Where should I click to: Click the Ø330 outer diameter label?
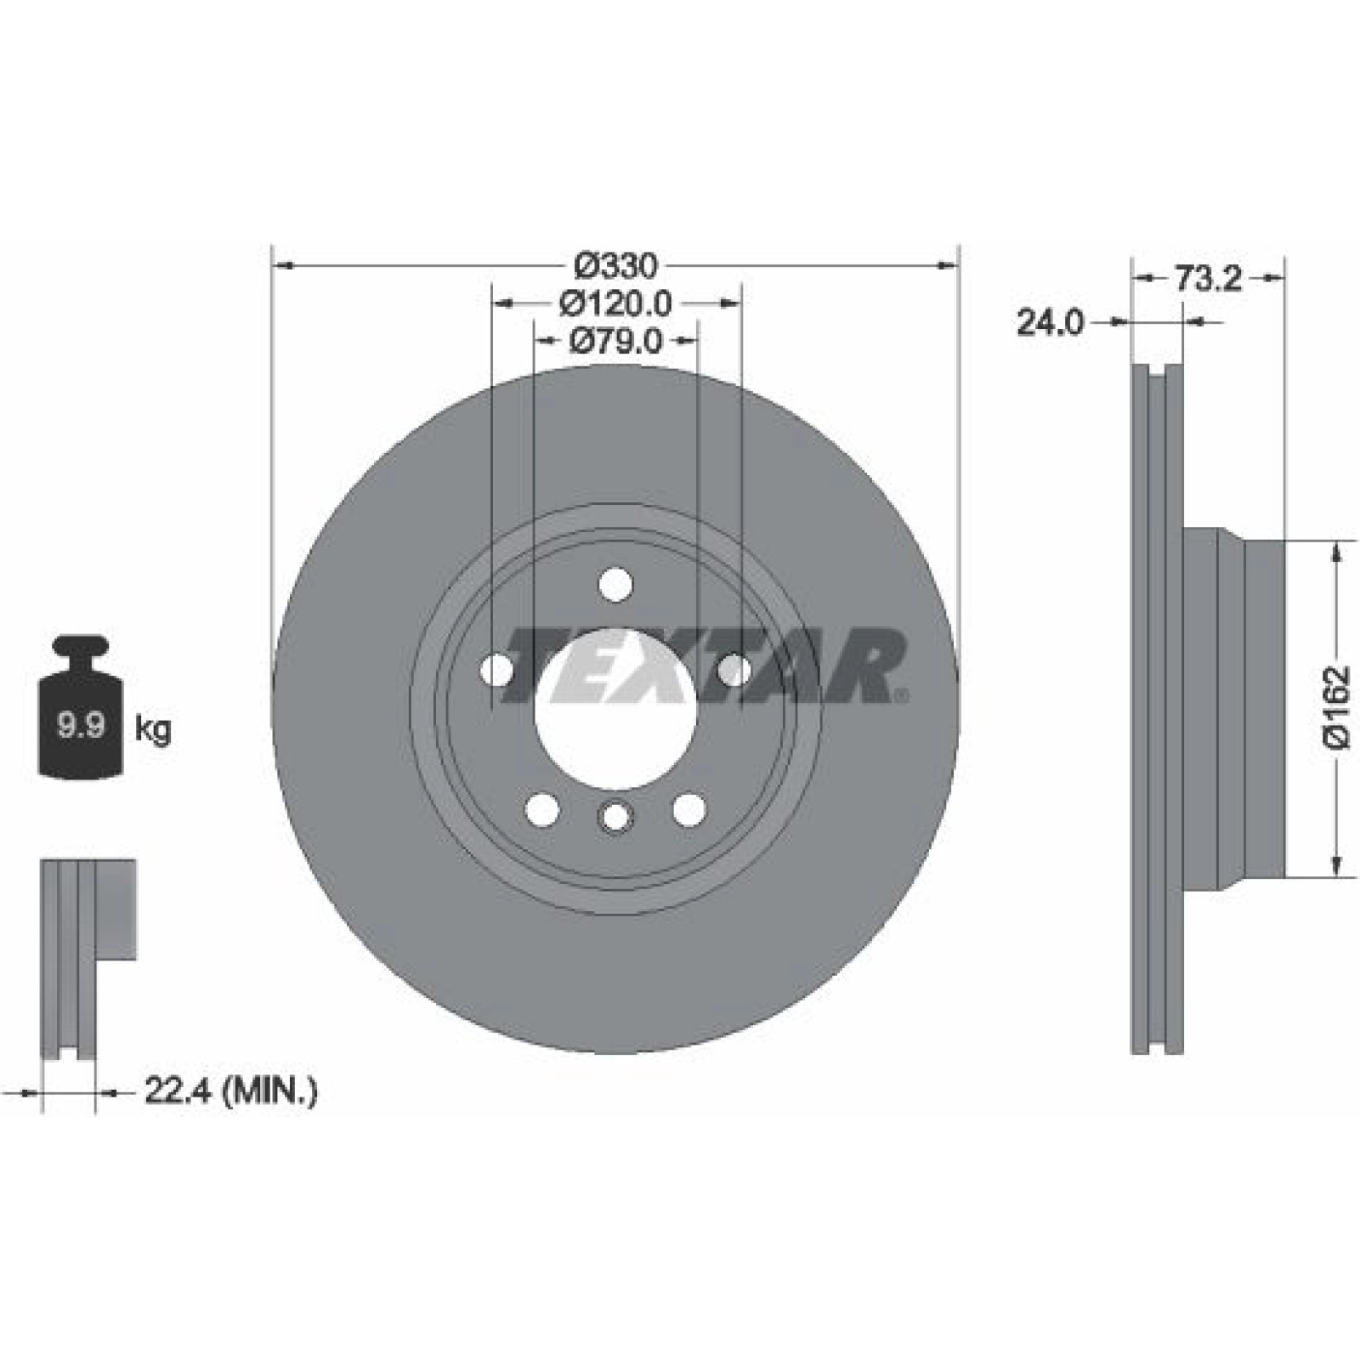(616, 266)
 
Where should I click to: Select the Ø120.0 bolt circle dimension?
(616, 303)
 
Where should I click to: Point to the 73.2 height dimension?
(1208, 278)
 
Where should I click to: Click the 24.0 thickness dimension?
(1051, 322)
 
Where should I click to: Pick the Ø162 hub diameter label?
(1337, 706)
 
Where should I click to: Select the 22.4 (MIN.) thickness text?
(231, 1091)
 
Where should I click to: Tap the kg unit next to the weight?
(153, 729)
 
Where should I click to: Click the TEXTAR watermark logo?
(705, 666)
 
